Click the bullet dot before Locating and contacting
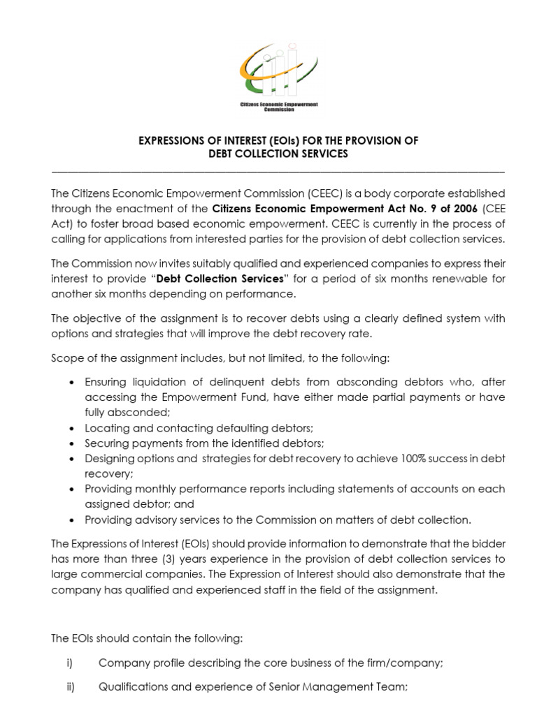pyautogui.click(x=74, y=428)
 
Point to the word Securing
pyautogui.click(x=106, y=443)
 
